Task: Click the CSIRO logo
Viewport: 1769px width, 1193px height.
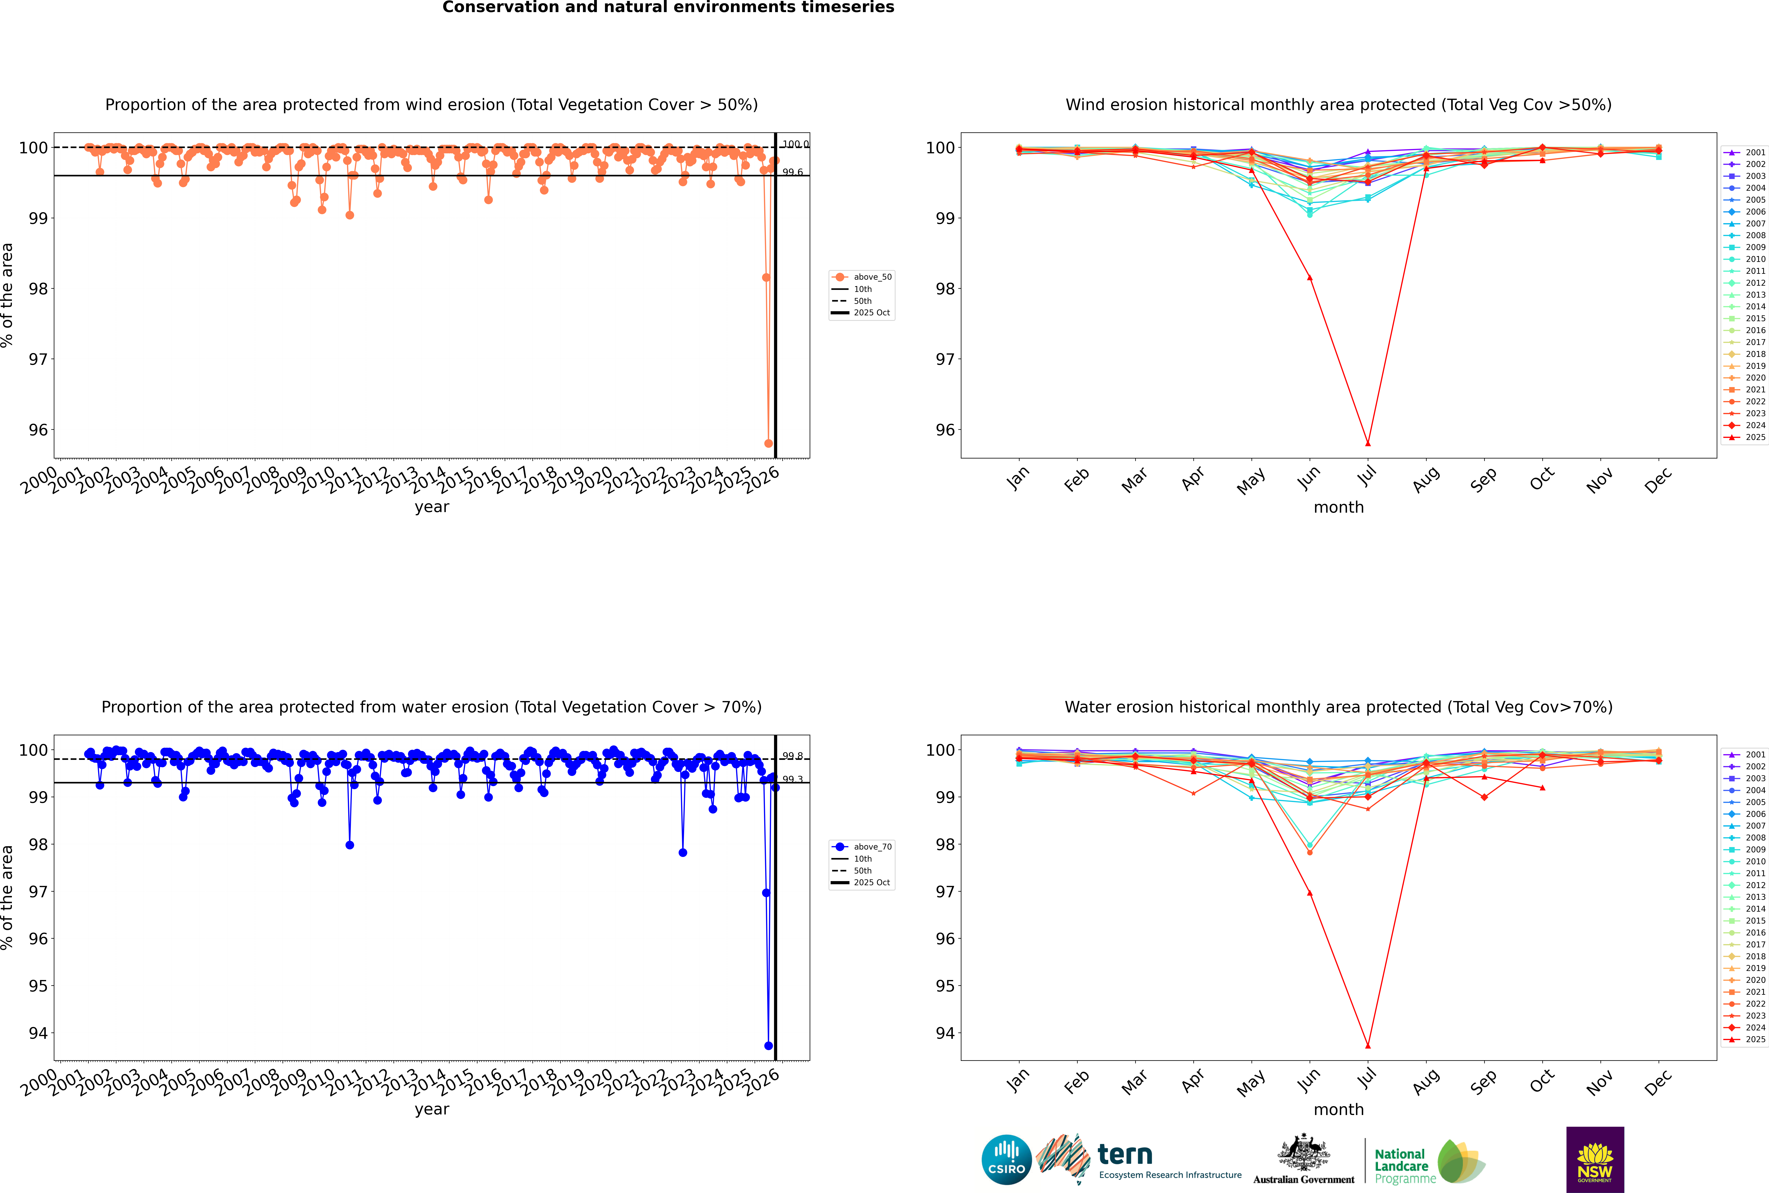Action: (x=1006, y=1160)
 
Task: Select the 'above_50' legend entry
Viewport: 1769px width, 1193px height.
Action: (x=872, y=277)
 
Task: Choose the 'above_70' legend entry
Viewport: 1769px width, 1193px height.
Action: (x=872, y=847)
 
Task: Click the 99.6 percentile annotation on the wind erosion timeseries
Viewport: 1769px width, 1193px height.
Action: (x=792, y=173)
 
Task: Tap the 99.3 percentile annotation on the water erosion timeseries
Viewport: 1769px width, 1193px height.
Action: (x=792, y=779)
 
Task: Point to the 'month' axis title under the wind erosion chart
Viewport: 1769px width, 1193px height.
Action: (x=1338, y=508)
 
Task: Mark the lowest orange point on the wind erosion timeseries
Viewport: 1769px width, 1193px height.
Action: (x=768, y=444)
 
